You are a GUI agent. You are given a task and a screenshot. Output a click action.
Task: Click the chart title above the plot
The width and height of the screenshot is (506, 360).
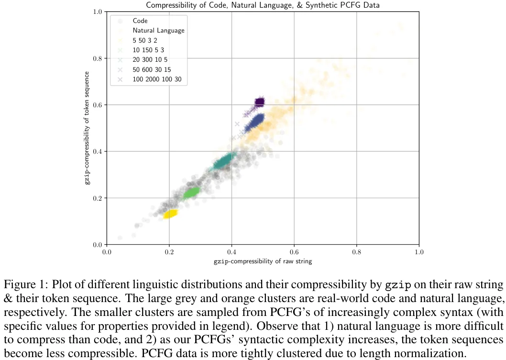coord(262,5)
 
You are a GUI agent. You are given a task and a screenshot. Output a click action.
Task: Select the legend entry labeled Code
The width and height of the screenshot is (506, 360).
coord(140,21)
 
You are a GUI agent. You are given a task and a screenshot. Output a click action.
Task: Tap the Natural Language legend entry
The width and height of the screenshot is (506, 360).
coord(158,31)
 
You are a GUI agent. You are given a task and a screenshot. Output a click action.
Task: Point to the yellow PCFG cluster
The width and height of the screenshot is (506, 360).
coord(170,214)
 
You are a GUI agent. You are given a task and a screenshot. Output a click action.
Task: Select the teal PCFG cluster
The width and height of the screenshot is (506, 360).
coord(224,163)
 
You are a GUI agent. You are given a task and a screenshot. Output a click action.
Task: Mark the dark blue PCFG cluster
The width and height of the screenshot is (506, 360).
coord(254,123)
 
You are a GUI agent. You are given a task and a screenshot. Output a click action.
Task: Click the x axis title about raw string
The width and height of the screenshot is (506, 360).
coord(263,261)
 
